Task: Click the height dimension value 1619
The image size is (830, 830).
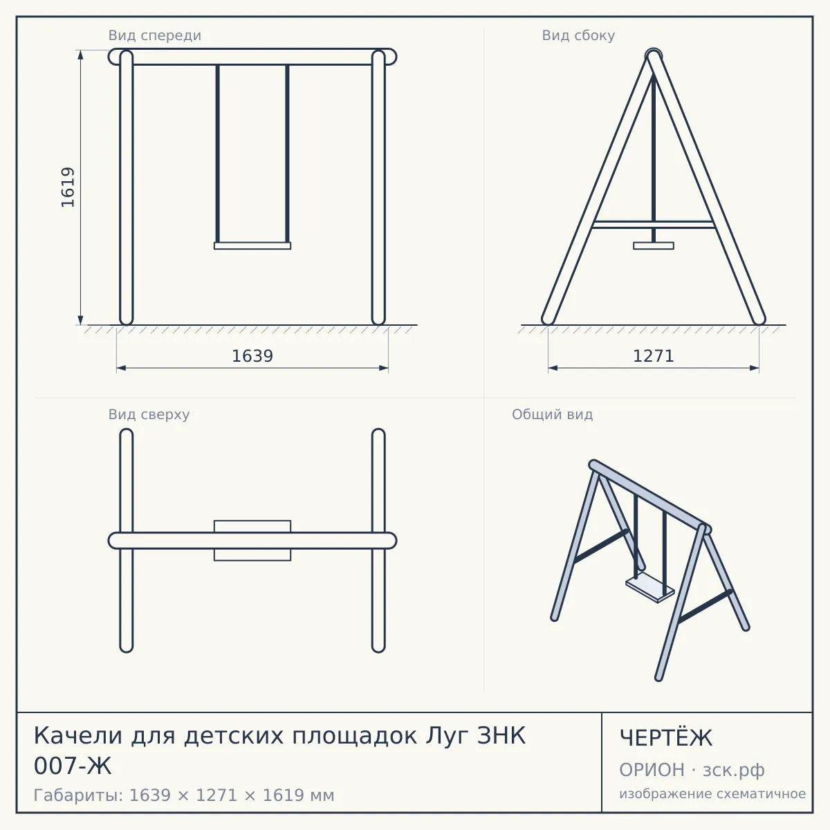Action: (68, 187)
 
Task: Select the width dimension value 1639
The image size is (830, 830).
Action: (252, 356)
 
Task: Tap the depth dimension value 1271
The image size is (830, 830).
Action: (654, 356)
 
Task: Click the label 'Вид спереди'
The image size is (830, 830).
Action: (155, 36)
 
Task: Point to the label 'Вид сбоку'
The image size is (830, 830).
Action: (578, 36)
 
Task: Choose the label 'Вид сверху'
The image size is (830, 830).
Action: (149, 415)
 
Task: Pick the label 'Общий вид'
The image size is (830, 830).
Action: (552, 415)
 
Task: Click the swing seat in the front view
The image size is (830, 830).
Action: (252, 246)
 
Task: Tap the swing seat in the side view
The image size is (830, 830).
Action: (654, 246)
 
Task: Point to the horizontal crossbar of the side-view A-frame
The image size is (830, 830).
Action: (654, 224)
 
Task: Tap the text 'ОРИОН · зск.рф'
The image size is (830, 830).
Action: (692, 770)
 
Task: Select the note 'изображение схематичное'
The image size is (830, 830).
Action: (712, 793)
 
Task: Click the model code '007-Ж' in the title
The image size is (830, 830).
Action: (73, 766)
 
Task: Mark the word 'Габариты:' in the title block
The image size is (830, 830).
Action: (79, 795)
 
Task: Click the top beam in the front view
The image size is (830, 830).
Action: (252, 57)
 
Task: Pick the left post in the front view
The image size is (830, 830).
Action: (126, 187)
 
